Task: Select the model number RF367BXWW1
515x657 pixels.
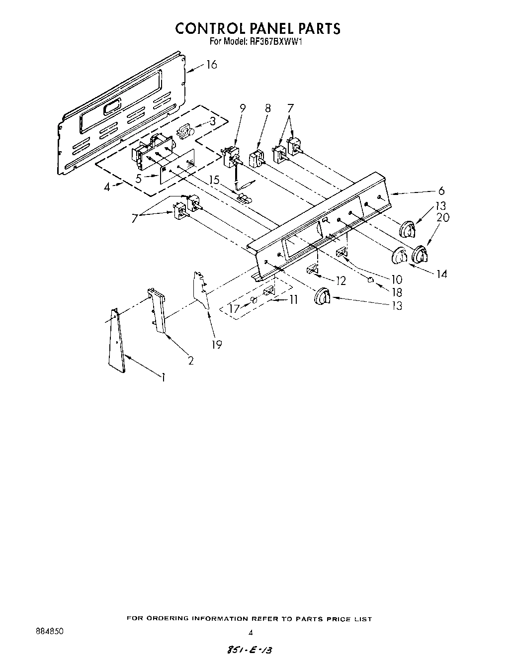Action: pyautogui.click(x=274, y=42)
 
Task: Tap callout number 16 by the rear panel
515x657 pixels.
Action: pyautogui.click(x=212, y=65)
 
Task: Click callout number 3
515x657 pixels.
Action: pyautogui.click(x=212, y=121)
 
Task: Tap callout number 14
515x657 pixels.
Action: pyautogui.click(x=441, y=273)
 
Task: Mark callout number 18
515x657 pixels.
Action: pyautogui.click(x=397, y=293)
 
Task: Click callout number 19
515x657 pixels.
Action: pyautogui.click(x=217, y=344)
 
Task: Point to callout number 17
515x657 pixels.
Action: pyautogui.click(x=234, y=309)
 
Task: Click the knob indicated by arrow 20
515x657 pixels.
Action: pyautogui.click(x=419, y=254)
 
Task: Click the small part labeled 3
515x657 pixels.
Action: pyautogui.click(x=185, y=131)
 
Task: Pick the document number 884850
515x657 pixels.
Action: pyautogui.click(x=49, y=632)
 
